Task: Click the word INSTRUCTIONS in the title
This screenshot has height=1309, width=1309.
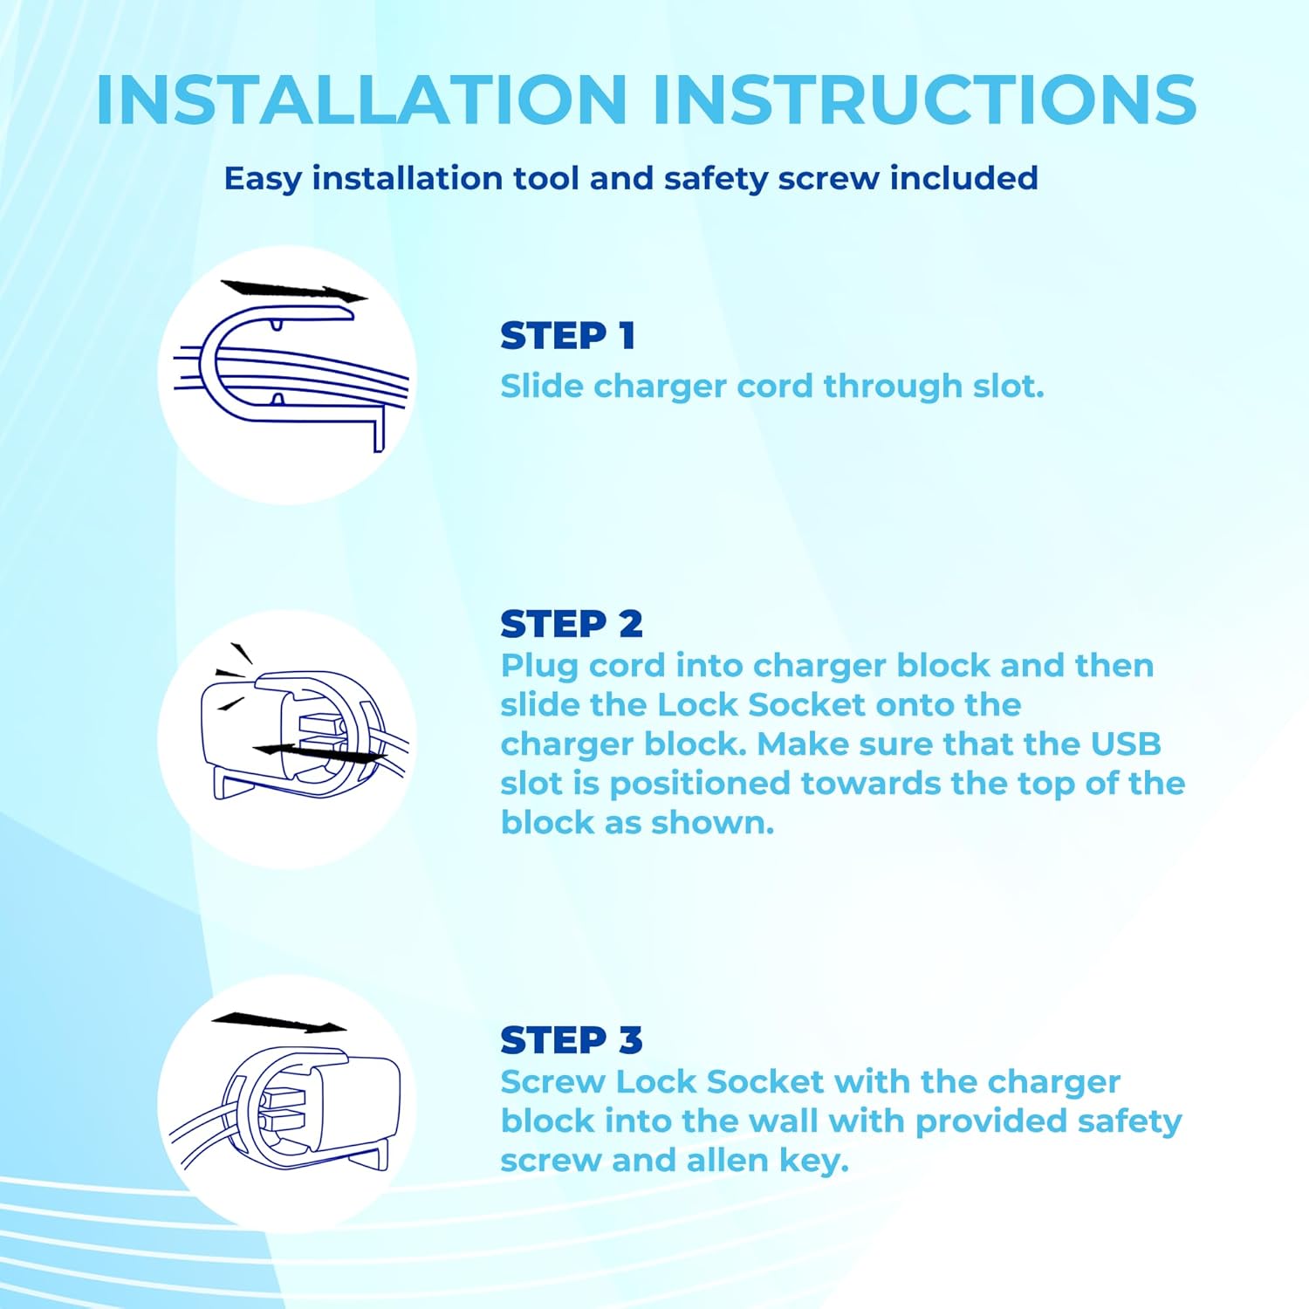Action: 924,99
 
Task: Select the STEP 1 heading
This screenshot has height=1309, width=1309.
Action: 567,336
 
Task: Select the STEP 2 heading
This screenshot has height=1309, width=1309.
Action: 572,624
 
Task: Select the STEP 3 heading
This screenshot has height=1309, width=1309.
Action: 572,1040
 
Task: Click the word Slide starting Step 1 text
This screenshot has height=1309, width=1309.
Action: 542,386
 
